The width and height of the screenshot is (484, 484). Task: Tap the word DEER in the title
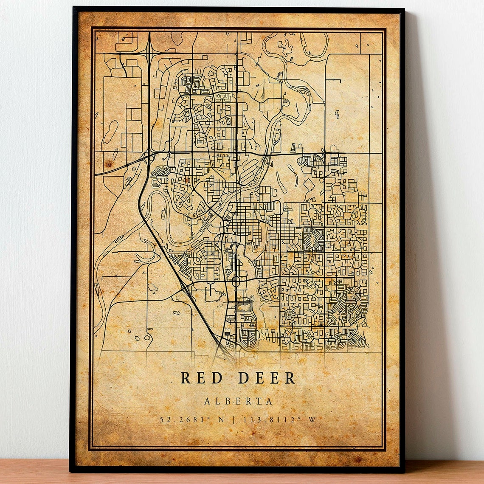(266, 377)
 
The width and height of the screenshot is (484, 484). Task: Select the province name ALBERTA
(238, 401)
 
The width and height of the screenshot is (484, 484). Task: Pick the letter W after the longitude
(312, 420)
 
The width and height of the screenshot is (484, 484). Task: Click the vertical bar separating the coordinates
(234, 420)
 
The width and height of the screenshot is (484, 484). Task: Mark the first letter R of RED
(186, 377)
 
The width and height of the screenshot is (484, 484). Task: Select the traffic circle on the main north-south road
(236, 280)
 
